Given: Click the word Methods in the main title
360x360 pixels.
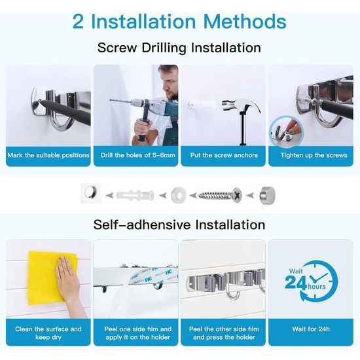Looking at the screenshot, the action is [245, 22].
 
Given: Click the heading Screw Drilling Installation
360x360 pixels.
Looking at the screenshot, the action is [179, 48].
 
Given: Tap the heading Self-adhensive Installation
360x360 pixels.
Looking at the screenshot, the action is [179, 225].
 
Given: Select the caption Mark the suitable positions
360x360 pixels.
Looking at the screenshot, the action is [48, 155].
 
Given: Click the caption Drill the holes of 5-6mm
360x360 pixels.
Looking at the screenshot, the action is [137, 155].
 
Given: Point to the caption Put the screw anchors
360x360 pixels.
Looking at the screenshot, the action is [224, 155].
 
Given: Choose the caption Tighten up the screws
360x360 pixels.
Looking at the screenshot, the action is [314, 155].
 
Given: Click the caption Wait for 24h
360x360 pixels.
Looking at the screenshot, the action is [311, 329].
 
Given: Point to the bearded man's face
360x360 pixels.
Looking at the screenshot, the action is [170, 86].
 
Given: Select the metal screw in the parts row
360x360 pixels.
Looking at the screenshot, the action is [220, 196].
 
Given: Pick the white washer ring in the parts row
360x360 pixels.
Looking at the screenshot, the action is [178, 195].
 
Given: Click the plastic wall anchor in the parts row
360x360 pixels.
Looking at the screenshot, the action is [135, 195].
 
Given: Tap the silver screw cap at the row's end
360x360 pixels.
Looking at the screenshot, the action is [267, 196].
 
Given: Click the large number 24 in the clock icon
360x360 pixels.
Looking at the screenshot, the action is [296, 282].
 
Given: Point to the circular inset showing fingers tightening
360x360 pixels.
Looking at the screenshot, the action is [287, 132].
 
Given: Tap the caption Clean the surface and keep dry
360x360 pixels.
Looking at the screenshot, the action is [48, 333].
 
